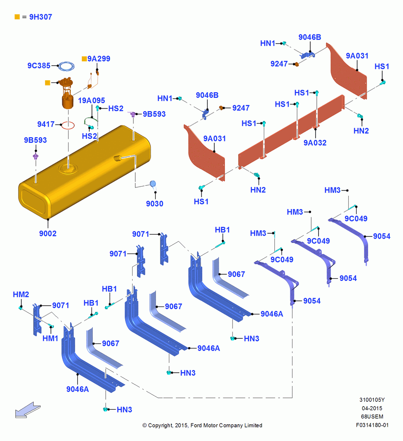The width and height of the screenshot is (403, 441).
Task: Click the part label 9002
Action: (48, 233)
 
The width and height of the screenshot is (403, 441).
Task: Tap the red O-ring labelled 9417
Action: (68, 125)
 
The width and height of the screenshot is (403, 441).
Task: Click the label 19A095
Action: (91, 101)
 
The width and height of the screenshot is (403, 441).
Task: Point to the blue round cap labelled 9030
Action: (152, 184)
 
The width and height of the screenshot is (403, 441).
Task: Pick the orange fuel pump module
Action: (67, 93)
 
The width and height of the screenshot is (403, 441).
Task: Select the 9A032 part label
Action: (315, 143)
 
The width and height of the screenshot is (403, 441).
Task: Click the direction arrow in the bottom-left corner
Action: (28, 410)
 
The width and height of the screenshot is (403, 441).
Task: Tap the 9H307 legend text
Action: (41, 17)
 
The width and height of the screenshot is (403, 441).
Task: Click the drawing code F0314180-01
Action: (372, 425)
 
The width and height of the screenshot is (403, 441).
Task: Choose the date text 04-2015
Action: (372, 408)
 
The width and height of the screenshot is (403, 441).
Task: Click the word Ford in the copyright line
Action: (197, 425)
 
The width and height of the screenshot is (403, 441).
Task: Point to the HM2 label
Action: (21, 295)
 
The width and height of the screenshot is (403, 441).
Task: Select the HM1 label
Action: (50, 338)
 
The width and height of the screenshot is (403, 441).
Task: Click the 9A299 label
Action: (99, 59)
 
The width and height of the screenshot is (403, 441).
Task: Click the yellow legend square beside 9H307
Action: (17, 17)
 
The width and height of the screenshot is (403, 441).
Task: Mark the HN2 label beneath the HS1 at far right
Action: (361, 131)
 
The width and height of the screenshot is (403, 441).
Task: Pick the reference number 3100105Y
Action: (372, 400)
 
